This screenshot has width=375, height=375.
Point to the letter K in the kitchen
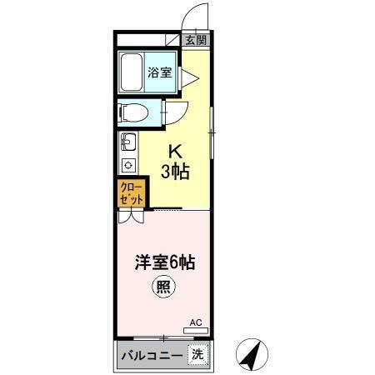(x=176, y=152)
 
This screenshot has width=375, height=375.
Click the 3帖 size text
(x=175, y=172)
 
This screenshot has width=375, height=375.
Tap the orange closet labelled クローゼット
(x=132, y=193)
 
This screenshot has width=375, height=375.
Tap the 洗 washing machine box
(x=197, y=353)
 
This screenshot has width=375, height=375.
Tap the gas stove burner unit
(x=127, y=163)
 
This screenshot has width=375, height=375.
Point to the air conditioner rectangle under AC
(x=195, y=331)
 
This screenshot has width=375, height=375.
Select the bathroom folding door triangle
(x=188, y=77)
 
